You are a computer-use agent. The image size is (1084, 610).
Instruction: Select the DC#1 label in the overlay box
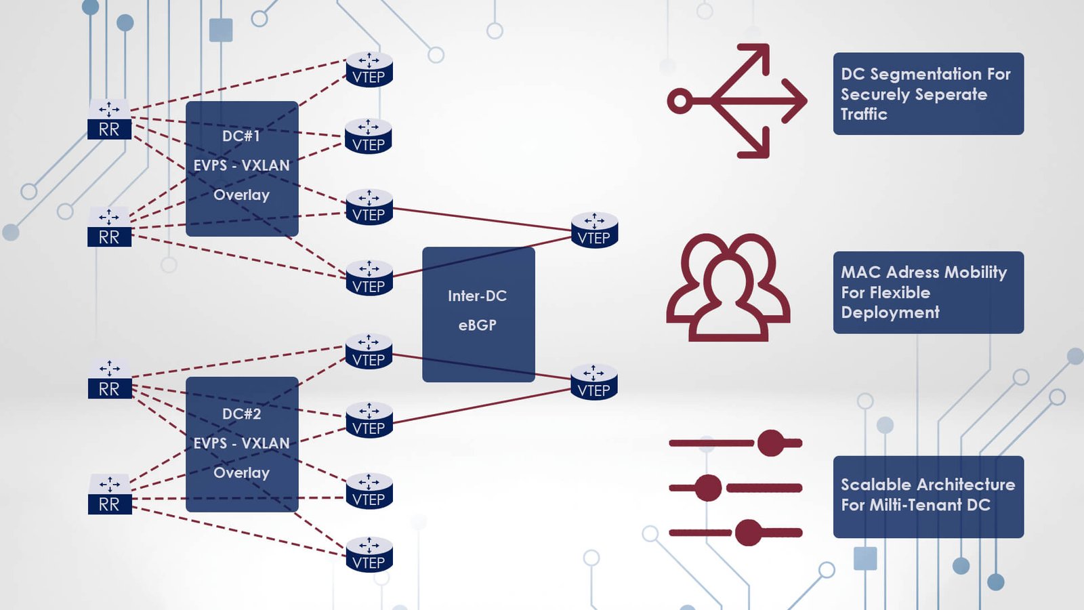(x=241, y=136)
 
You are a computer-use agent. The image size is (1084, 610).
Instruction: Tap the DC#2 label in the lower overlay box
(x=241, y=414)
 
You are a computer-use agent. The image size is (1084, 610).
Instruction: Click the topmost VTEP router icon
(x=369, y=70)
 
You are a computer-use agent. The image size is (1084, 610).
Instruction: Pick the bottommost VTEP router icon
(x=369, y=554)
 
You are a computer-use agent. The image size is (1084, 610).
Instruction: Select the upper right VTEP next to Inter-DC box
(x=594, y=230)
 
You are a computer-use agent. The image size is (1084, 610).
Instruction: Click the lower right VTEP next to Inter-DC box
(x=594, y=383)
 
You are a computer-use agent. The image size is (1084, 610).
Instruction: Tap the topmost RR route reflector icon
(x=109, y=120)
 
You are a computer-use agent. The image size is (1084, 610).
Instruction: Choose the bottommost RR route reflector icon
(x=110, y=495)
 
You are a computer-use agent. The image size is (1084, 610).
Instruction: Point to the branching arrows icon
(x=738, y=101)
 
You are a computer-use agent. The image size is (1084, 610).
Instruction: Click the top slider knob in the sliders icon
(x=770, y=443)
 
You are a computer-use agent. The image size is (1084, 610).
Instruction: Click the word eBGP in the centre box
(x=478, y=325)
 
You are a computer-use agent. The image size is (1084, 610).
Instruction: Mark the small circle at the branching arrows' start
(x=680, y=102)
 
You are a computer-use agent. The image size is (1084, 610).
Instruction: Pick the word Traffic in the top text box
(x=864, y=114)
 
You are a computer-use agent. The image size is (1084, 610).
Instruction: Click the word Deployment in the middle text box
(x=890, y=312)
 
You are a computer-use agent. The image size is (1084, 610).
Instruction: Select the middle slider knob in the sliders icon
(x=708, y=488)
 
